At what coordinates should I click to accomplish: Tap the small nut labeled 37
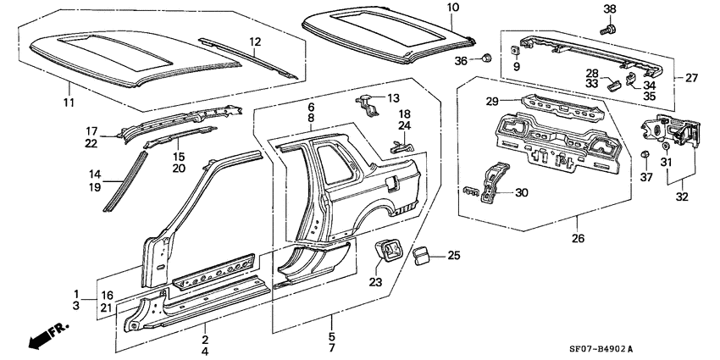click(645, 155)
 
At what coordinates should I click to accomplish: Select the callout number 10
click(453, 8)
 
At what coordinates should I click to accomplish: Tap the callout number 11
click(69, 102)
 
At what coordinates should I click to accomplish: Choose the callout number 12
click(254, 42)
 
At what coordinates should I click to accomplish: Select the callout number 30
click(520, 192)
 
